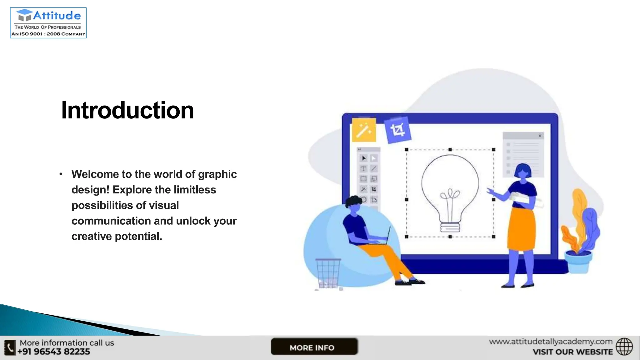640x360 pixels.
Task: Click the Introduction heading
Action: (x=127, y=110)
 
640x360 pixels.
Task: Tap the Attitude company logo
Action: (x=48, y=23)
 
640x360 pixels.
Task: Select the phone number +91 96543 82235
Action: (x=54, y=352)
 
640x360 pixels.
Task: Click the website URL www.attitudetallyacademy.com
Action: (x=551, y=342)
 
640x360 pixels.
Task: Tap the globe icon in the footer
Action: (x=624, y=347)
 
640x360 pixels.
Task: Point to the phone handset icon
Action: (x=10, y=347)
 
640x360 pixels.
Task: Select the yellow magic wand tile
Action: (x=364, y=130)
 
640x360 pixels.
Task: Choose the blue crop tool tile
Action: (x=397, y=130)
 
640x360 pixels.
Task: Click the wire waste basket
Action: (x=328, y=273)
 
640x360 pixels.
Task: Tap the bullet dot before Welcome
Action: (x=61, y=174)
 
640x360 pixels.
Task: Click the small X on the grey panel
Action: (x=540, y=136)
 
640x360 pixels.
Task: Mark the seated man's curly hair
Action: (x=354, y=202)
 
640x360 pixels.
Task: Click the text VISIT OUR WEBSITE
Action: (x=572, y=352)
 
